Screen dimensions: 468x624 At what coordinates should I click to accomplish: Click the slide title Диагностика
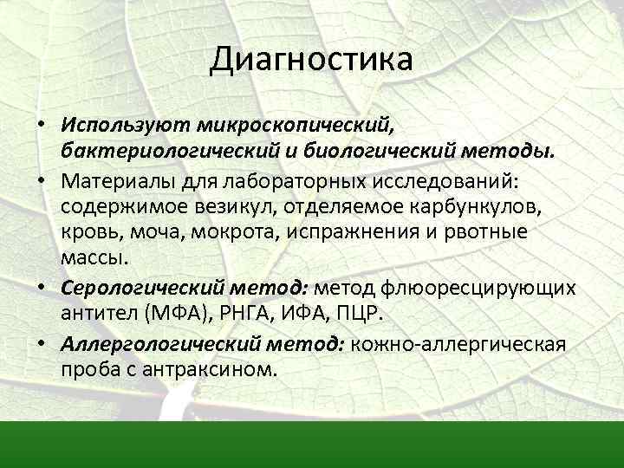(312, 61)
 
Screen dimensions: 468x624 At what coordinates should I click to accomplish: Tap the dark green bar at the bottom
(312, 445)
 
